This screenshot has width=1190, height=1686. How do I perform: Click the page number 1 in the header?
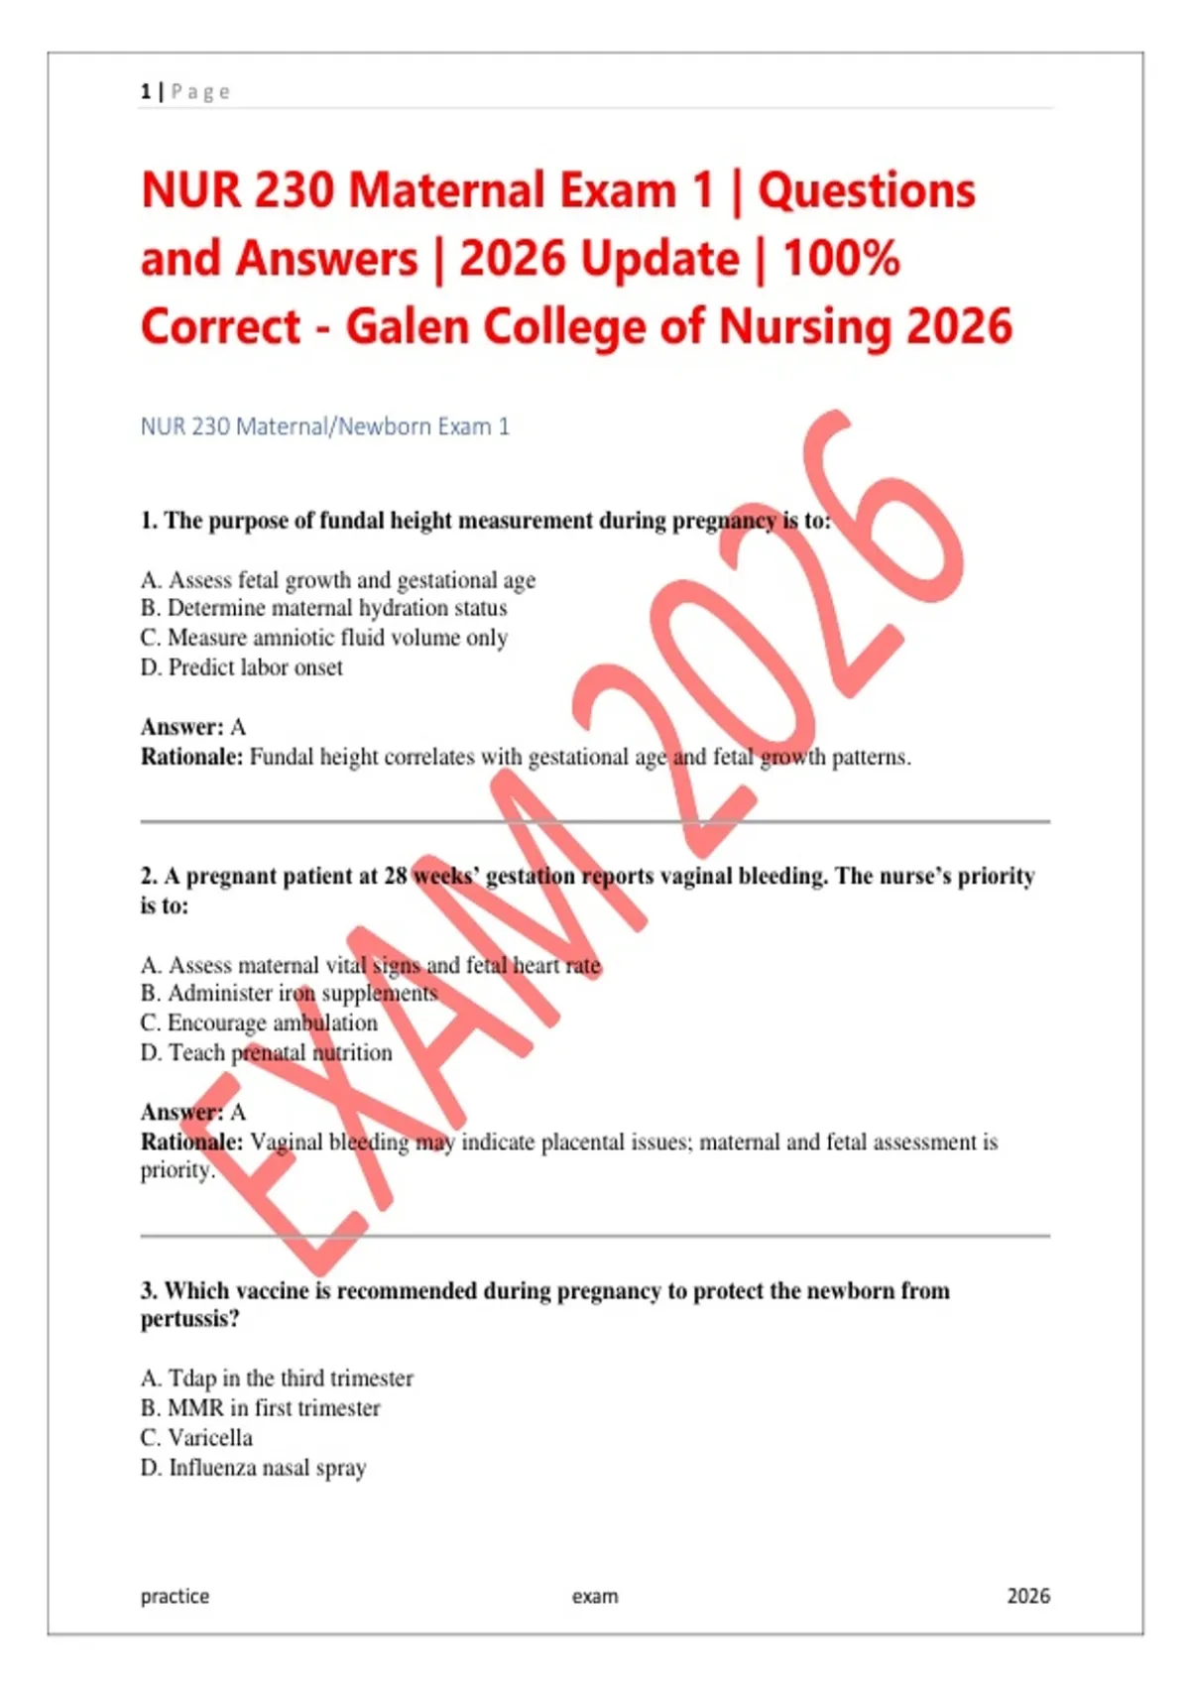pyautogui.click(x=146, y=92)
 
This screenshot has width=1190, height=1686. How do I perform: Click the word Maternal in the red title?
pyautogui.click(x=447, y=190)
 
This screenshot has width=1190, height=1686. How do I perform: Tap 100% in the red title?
pyautogui.click(x=841, y=259)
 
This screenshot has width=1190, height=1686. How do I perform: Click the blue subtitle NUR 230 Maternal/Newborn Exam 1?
pyautogui.click(x=324, y=426)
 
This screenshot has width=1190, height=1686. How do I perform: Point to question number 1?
pyautogui.click(x=148, y=521)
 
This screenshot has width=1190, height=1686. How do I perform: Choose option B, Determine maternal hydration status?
pyautogui.click(x=324, y=608)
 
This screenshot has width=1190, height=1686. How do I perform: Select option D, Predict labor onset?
pyautogui.click(x=242, y=667)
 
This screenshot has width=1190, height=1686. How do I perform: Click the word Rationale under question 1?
pyautogui.click(x=191, y=757)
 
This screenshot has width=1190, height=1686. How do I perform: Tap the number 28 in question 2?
pyautogui.click(x=395, y=876)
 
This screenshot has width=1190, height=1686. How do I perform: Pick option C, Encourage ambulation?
pyautogui.click(x=259, y=1023)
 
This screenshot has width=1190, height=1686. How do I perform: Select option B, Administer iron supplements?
pyautogui.click(x=289, y=993)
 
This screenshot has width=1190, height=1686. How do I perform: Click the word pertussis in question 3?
pyautogui.click(x=188, y=1319)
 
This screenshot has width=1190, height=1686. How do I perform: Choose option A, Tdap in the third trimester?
pyautogui.click(x=277, y=1378)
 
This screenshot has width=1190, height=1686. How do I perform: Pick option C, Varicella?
pyautogui.click(x=196, y=1437)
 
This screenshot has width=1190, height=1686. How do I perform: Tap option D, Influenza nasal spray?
pyautogui.click(x=254, y=1467)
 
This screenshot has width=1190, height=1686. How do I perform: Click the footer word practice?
pyautogui.click(x=175, y=1596)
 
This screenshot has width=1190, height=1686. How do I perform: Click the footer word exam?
pyautogui.click(x=595, y=1596)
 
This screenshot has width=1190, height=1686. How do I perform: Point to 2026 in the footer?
pyautogui.click(x=1027, y=1596)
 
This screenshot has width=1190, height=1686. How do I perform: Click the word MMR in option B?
pyautogui.click(x=195, y=1407)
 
